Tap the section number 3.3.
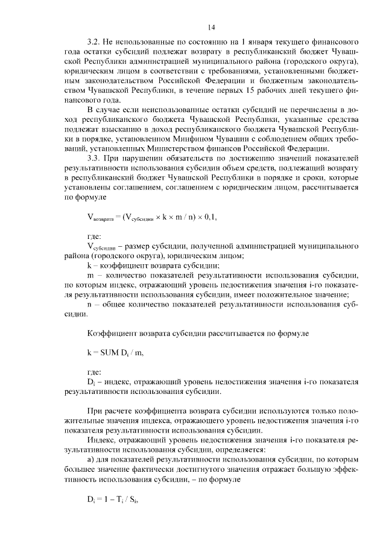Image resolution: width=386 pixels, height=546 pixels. [94, 158]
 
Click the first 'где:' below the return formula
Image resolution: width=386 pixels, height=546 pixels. [94, 236]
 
